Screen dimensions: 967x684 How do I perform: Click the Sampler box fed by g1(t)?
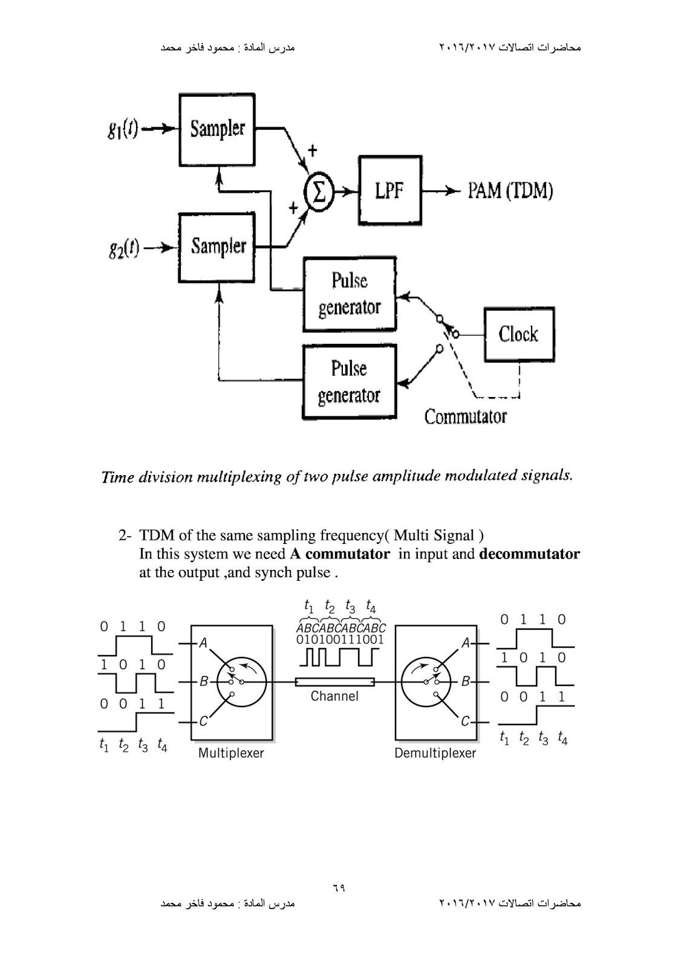[x=217, y=129]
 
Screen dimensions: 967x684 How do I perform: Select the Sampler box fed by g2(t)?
[x=217, y=247]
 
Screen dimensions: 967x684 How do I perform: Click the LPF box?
[x=389, y=190]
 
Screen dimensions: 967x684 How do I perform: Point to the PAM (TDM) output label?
[x=510, y=191]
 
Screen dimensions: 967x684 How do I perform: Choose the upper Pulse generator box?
[x=349, y=294]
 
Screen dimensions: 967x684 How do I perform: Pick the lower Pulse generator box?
[x=349, y=382]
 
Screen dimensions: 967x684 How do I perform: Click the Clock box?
[x=518, y=334]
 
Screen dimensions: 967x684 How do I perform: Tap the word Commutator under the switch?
[x=465, y=416]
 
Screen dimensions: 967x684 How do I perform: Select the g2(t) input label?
[x=123, y=247]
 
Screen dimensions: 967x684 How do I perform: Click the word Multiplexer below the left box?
[x=231, y=754]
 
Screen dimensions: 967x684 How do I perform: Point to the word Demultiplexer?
[x=435, y=754]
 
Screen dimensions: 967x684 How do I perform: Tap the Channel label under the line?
[x=334, y=696]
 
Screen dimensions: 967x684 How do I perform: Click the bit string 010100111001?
[x=340, y=639]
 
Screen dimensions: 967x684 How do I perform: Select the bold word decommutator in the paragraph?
[x=529, y=554]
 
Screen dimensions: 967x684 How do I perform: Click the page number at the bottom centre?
[x=338, y=888]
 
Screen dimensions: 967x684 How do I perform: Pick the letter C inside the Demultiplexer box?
[x=464, y=721]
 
